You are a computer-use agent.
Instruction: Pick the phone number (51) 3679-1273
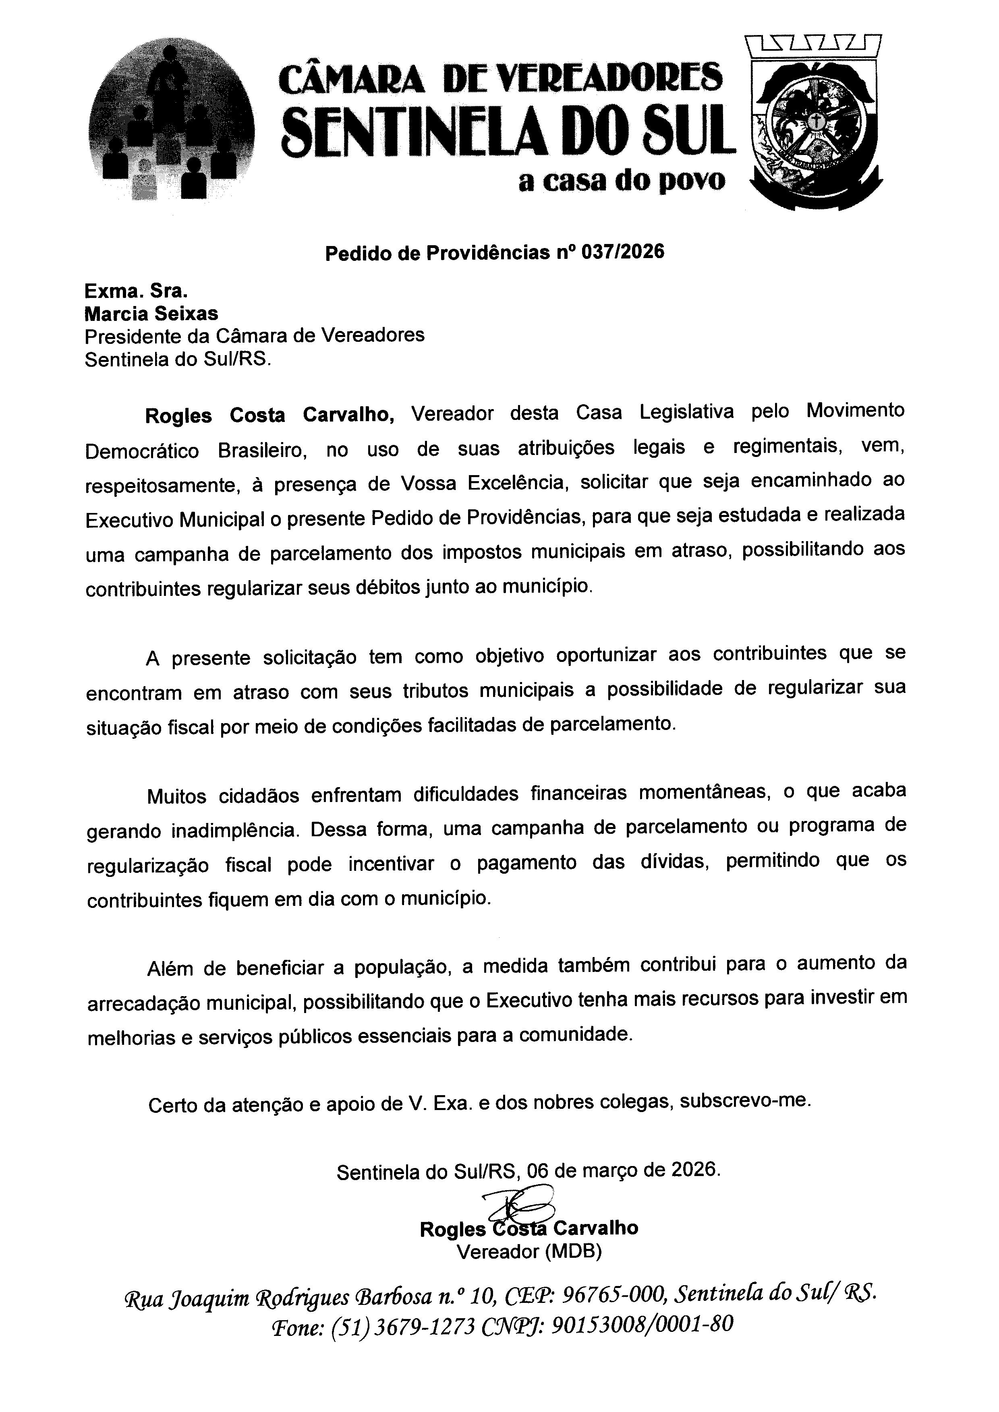coord(403,1327)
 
